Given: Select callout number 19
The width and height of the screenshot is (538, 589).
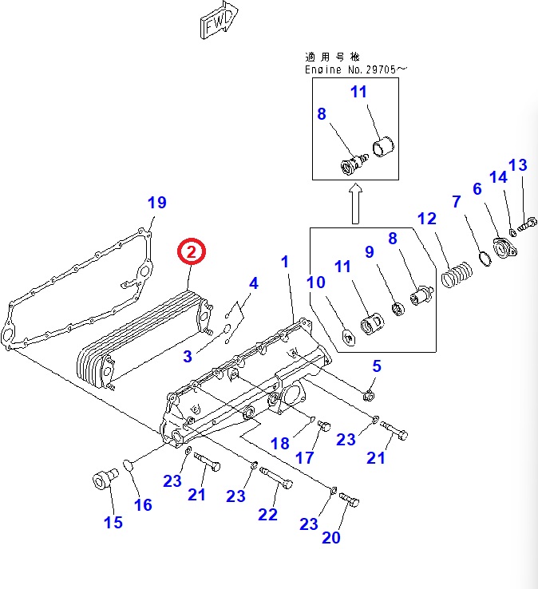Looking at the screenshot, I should pyautogui.click(x=157, y=203).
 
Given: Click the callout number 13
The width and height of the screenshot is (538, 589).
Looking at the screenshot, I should pyautogui.click(x=517, y=166).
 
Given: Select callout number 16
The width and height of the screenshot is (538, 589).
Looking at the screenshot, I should pyautogui.click(x=142, y=505).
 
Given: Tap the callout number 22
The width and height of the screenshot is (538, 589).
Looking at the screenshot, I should pyautogui.click(x=267, y=514).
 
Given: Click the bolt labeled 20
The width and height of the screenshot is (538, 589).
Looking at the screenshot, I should pyautogui.click(x=350, y=500).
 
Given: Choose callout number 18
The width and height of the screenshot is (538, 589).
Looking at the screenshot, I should pyautogui.click(x=280, y=444).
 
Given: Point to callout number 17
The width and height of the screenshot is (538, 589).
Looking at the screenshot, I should pyautogui.click(x=306, y=458).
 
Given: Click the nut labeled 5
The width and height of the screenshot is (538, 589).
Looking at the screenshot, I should pyautogui.click(x=370, y=393).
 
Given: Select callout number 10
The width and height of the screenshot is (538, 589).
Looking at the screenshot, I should pyautogui.click(x=316, y=282).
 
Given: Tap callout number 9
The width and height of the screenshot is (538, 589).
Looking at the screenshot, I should pyautogui.click(x=370, y=251).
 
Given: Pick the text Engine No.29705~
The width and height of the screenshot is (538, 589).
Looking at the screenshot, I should pyautogui.click(x=356, y=69).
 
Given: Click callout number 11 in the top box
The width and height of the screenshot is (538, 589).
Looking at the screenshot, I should pyautogui.click(x=359, y=92).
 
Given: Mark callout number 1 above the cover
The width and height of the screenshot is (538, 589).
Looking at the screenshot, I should pyautogui.click(x=285, y=262).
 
